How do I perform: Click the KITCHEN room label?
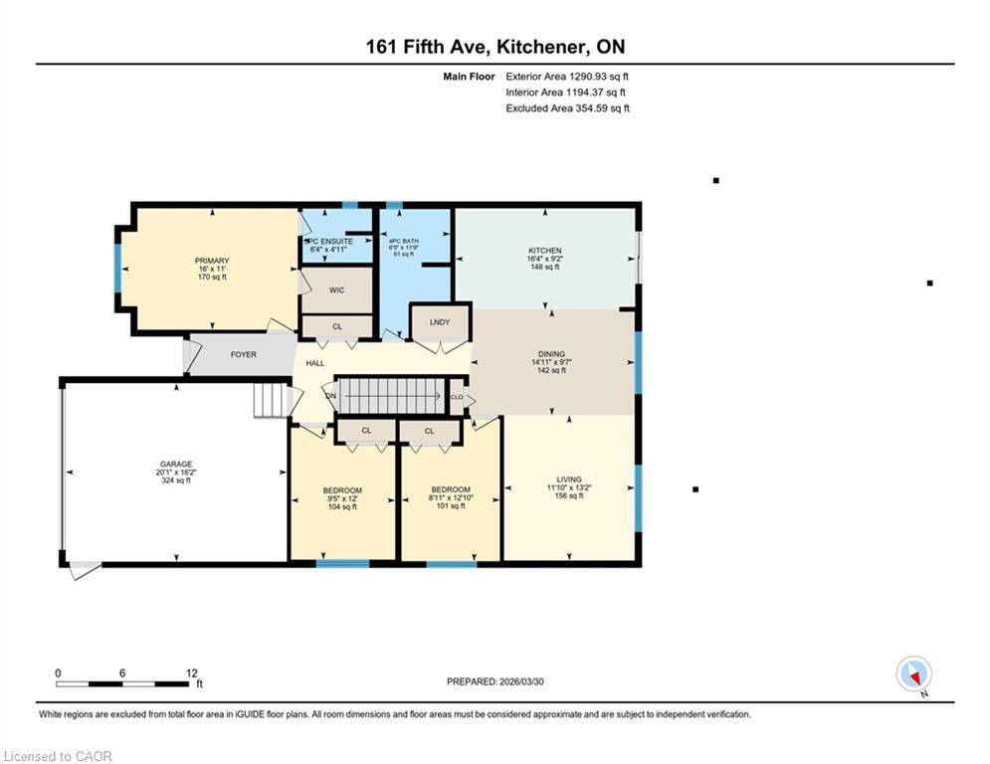click(x=544, y=251)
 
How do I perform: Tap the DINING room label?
click(x=551, y=354)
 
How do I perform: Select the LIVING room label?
click(x=569, y=479)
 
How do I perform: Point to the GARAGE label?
click(x=175, y=464)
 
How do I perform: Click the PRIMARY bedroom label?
click(x=211, y=261)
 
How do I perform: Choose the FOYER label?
click(x=244, y=354)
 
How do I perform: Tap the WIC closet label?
click(x=336, y=290)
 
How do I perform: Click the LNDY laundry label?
click(x=440, y=322)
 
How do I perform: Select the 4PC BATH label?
click(x=403, y=241)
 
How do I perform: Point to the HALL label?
click(x=314, y=364)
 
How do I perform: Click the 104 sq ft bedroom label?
click(x=341, y=490)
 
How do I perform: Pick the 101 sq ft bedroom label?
click(x=450, y=489)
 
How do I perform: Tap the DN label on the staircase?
click(x=331, y=396)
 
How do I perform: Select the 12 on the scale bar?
click(x=191, y=673)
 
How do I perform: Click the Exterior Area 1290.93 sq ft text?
click(x=567, y=76)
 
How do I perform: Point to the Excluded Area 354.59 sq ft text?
click(x=567, y=108)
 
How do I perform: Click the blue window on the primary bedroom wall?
click(x=117, y=268)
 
